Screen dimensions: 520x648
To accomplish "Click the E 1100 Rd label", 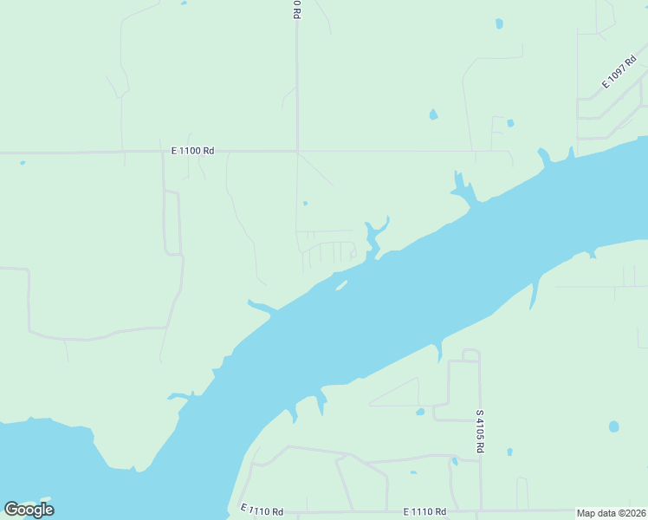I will click(x=192, y=151).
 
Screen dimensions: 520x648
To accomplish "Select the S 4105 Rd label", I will click(x=480, y=432).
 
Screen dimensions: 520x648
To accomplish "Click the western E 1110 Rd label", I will click(x=262, y=511).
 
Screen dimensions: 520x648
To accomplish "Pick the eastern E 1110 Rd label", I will click(x=424, y=513).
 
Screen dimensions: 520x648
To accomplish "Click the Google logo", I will click(x=29, y=510).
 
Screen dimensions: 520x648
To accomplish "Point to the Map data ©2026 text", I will click(x=612, y=513).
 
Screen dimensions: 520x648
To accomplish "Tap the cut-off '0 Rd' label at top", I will click(x=296, y=9).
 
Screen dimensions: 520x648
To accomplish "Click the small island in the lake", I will click(x=342, y=285).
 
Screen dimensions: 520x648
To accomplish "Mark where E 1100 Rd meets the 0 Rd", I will click(x=297, y=152).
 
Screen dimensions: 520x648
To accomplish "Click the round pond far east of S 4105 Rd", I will click(x=613, y=426).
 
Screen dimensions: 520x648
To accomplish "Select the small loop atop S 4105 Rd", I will click(x=470, y=354).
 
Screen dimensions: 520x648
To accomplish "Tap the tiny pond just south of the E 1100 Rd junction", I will click(x=305, y=205).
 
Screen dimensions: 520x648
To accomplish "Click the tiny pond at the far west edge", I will click(x=23, y=162).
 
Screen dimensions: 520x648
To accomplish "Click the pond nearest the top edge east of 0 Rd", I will click(x=499, y=23).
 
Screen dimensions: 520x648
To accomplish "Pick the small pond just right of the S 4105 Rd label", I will click(x=509, y=452).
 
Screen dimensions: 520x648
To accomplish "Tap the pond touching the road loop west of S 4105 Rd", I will click(x=420, y=412).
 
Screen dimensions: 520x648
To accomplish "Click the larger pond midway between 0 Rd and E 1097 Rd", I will click(x=433, y=114).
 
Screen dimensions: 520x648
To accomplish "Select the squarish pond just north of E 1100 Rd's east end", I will click(x=510, y=123).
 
